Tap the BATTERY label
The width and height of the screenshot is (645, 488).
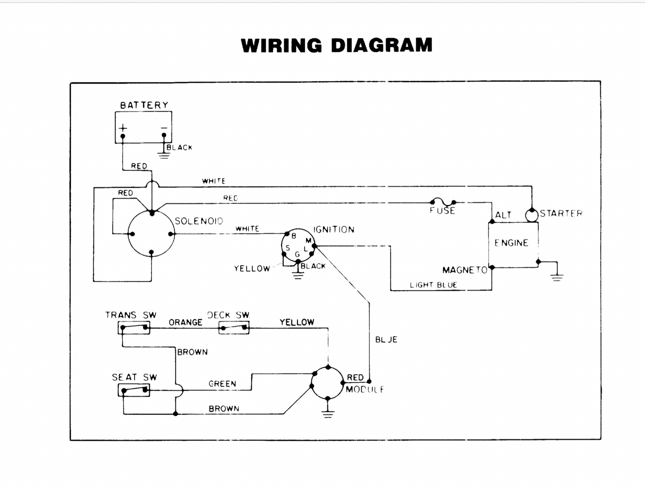tap(144, 105)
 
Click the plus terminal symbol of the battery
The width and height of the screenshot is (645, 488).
tap(123, 128)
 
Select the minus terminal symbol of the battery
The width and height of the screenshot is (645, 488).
tap(164, 128)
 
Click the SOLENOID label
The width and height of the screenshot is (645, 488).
tap(199, 221)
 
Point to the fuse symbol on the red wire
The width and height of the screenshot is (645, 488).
tap(443, 201)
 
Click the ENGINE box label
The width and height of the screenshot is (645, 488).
tap(512, 243)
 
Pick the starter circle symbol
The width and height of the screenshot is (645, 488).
tap(532, 215)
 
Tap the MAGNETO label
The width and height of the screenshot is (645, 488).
tap(465, 270)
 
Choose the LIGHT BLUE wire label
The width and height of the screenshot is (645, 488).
tap(433, 285)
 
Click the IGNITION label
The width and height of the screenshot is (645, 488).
tap(334, 230)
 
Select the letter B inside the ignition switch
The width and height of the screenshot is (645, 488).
tap(294, 236)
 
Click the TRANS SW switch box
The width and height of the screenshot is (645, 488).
tap(134, 328)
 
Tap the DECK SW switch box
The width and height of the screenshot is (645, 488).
tap(234, 328)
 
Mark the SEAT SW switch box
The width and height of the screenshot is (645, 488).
tap(134, 390)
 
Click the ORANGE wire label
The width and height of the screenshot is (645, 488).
tap(185, 322)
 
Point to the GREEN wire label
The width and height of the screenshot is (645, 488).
tap(222, 384)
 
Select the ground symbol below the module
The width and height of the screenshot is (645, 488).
tap(328, 414)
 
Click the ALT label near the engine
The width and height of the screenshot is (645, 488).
tap(503, 215)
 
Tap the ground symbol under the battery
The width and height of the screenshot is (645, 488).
tap(164, 156)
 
